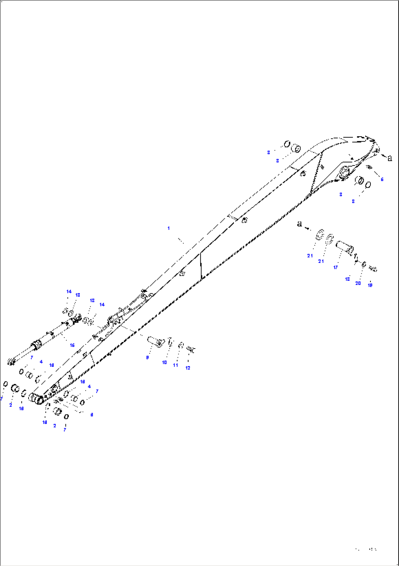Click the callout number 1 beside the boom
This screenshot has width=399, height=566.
(x=168, y=228)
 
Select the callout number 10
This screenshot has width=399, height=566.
(x=164, y=362)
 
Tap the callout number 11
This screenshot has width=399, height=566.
(x=175, y=365)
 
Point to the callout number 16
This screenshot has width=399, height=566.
(x=72, y=345)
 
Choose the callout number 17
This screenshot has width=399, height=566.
(x=335, y=268)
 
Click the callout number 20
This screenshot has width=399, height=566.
(x=358, y=283)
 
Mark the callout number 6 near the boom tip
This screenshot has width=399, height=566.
(x=382, y=179)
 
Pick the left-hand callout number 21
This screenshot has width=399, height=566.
(x=310, y=256)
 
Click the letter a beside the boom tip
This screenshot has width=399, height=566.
(x=389, y=158)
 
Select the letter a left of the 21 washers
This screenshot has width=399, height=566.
(x=299, y=224)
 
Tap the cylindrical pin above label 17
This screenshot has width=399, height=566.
(x=345, y=246)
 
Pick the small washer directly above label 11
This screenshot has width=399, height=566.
(x=180, y=345)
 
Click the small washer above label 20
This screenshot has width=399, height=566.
(x=363, y=264)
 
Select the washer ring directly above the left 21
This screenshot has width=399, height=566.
(x=320, y=234)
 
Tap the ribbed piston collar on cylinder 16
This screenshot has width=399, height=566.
(x=36, y=345)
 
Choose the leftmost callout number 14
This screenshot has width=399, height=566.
(x=69, y=292)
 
